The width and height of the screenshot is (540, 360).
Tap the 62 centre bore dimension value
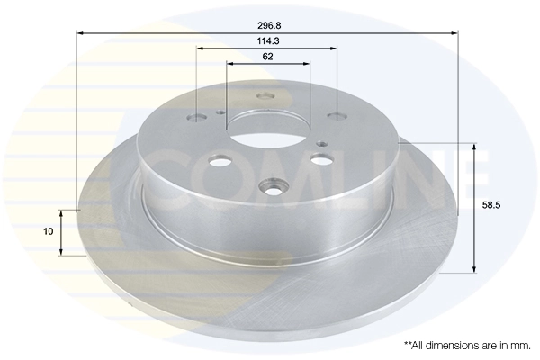point(267,56)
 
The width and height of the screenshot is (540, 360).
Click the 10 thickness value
point(49,231)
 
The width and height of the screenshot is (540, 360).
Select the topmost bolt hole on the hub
point(264,98)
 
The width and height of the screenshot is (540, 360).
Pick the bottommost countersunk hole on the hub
point(273,188)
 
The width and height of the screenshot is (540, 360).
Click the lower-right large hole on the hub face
point(319,159)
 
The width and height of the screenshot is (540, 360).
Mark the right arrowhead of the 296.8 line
point(455,32)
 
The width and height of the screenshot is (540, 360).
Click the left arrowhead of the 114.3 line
point(200,49)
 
